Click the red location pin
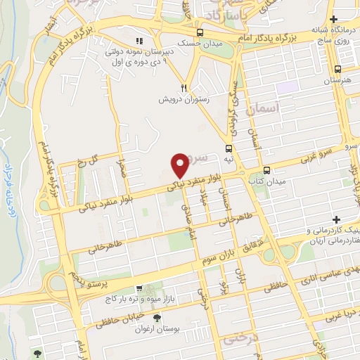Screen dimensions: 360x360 coord(181,164)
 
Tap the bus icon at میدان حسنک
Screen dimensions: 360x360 coord(200,33)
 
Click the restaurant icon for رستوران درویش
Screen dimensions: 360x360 coord(184,88)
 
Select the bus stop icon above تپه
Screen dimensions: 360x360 coord(229,148)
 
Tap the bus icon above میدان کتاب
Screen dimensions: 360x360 coord(266,170)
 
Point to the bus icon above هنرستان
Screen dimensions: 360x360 coord(339,70)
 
